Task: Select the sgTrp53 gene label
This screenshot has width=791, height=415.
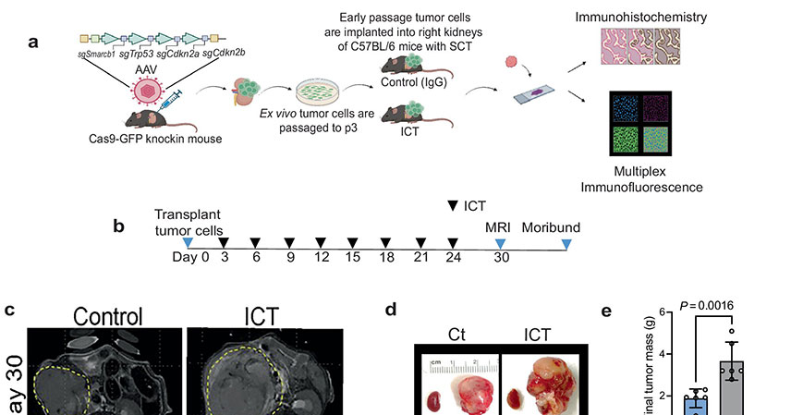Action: [x=138, y=55]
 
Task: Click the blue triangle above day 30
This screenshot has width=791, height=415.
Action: [x=500, y=242]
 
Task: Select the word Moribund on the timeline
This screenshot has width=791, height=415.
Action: [x=552, y=227]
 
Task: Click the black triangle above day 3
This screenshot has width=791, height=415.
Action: [x=223, y=242]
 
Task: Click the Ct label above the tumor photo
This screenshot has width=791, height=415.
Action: [x=456, y=334]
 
